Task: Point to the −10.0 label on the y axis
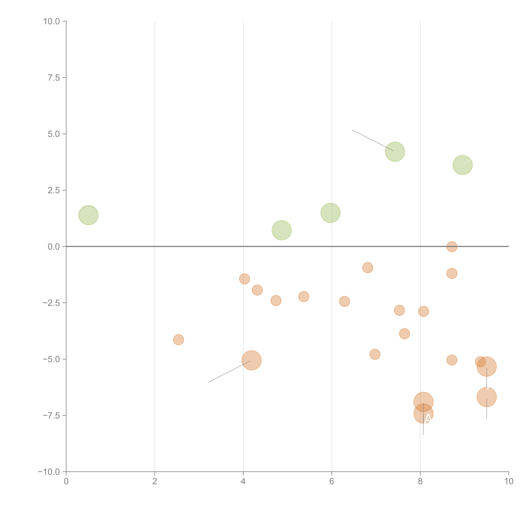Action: (x=49, y=472)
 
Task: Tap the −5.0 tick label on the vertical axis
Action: (x=51, y=359)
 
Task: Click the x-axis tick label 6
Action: (x=332, y=481)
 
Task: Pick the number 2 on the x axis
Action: (x=155, y=481)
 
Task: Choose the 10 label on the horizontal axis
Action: (x=509, y=481)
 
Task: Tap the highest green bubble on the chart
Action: (x=395, y=152)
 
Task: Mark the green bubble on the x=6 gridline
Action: (x=331, y=213)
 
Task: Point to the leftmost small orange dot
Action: (x=178, y=340)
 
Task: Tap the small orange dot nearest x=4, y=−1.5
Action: (x=244, y=279)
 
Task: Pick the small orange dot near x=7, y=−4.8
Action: (x=375, y=354)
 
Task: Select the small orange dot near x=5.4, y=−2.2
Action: (x=303, y=297)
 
